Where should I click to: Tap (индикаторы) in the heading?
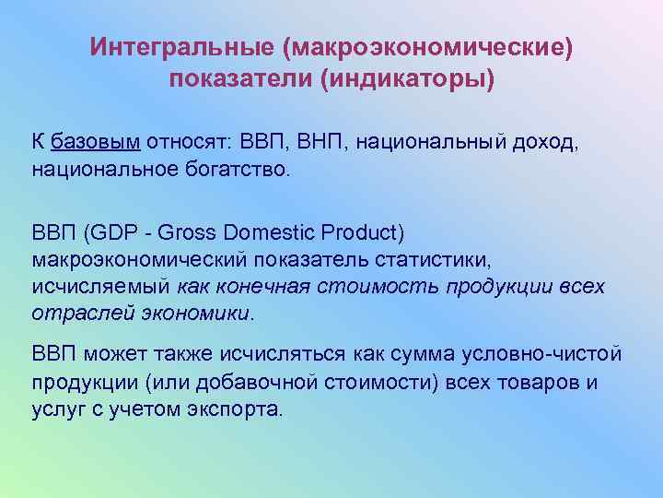pyautogui.click(x=406, y=79)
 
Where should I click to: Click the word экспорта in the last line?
pyautogui.click(x=239, y=409)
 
